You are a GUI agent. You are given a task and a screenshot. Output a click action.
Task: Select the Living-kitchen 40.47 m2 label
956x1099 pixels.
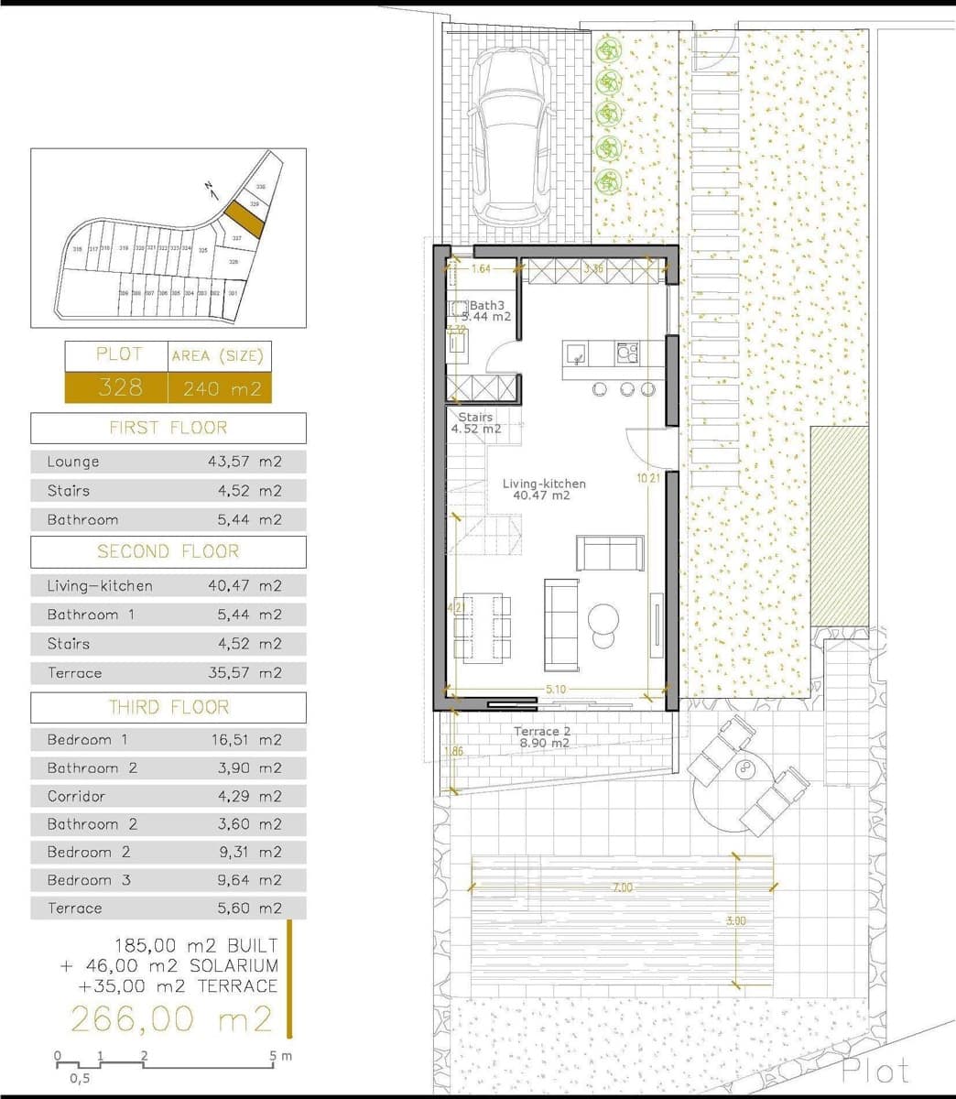coord(544,489)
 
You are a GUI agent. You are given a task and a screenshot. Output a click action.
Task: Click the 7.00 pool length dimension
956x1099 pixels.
coord(623,887)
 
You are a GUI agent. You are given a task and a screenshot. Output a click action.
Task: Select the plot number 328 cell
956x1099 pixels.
coord(119,387)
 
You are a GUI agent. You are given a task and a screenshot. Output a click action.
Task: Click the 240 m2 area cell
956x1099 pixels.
coord(220,388)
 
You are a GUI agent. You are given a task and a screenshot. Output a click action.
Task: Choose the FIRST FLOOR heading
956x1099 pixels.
coord(168,428)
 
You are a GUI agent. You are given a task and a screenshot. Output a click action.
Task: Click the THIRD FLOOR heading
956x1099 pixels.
coord(168,707)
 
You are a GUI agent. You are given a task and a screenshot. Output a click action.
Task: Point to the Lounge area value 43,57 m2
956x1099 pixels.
coord(244,462)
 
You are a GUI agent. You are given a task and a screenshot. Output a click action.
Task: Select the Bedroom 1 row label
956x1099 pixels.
coord(88,740)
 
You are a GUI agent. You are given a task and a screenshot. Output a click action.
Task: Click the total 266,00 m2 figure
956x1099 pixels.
coord(170,1018)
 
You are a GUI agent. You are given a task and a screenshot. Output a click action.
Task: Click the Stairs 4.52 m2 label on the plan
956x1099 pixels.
coord(476,422)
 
